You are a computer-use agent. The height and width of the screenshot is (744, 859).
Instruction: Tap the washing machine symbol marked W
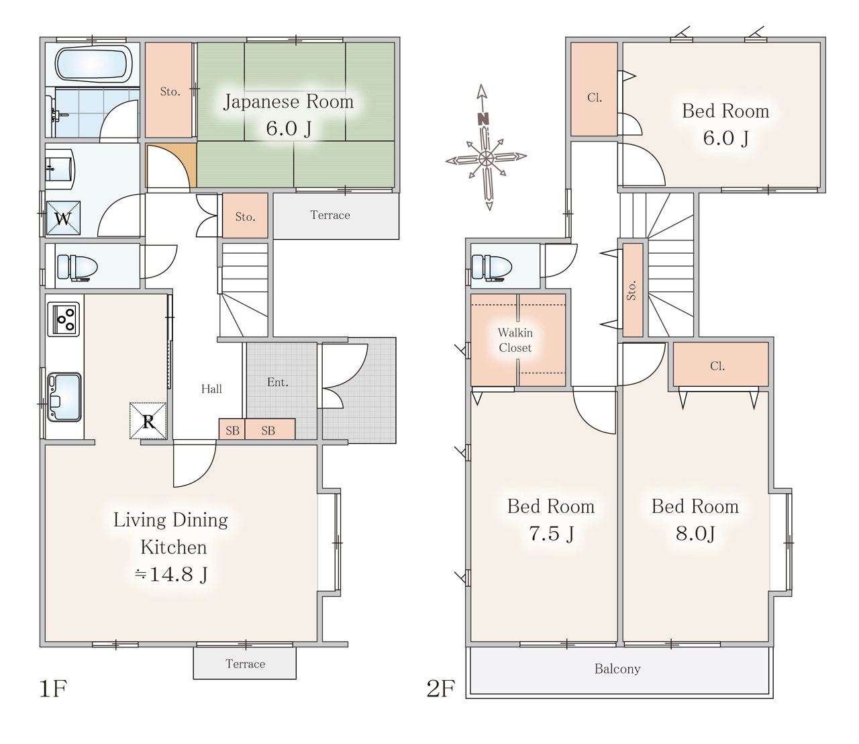click(x=63, y=218)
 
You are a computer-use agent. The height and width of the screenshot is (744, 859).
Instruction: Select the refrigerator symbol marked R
click(x=148, y=420)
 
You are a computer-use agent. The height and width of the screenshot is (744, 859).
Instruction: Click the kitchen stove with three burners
click(x=64, y=320)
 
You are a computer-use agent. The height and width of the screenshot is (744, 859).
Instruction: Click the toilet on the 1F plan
click(x=77, y=267)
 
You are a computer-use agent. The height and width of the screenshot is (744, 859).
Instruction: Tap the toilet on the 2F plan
click(x=492, y=267)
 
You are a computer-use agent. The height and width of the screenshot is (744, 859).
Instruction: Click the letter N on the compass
click(x=483, y=120)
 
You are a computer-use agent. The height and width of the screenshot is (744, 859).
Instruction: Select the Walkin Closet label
click(x=515, y=340)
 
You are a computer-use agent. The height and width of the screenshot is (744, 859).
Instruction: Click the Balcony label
click(x=617, y=669)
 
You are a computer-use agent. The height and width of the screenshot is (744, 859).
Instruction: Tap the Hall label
click(x=211, y=389)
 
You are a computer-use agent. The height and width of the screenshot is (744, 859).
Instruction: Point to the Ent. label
click(x=277, y=382)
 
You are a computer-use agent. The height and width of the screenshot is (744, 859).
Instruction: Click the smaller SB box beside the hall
click(x=232, y=430)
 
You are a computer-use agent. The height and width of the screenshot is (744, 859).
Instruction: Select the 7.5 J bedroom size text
click(x=551, y=534)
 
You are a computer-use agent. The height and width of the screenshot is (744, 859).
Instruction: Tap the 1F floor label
click(x=53, y=688)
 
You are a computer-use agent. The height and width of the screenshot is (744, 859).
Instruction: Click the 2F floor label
click(x=440, y=688)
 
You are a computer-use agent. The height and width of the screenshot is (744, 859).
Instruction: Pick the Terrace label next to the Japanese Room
click(x=330, y=215)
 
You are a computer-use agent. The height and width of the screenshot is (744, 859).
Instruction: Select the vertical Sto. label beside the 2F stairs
click(x=632, y=291)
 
